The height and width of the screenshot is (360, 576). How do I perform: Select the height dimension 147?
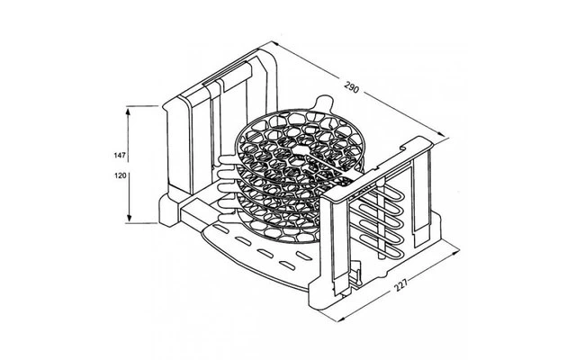[x=120, y=156]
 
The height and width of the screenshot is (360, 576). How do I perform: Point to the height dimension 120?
[x=120, y=176]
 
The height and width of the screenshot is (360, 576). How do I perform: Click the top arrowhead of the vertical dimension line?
[x=131, y=109]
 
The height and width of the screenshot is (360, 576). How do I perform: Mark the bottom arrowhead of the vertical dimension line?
[x=131, y=221]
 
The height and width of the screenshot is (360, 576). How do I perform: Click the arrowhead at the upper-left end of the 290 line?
[x=270, y=41]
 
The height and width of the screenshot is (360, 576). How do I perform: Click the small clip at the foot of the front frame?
[x=359, y=270]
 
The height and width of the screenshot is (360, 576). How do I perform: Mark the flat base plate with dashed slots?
[x=270, y=256]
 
